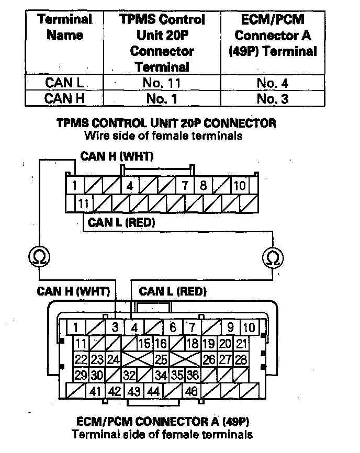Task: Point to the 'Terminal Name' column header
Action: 65,28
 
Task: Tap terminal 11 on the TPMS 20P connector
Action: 83,202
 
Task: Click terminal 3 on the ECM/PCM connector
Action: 115,328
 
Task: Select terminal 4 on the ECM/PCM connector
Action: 134,328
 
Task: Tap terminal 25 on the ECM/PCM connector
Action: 161,359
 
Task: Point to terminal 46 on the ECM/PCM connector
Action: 191,391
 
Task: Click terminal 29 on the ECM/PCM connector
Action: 81,375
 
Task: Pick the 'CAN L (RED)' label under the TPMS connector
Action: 121,222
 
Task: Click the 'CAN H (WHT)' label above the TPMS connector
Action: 117,156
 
